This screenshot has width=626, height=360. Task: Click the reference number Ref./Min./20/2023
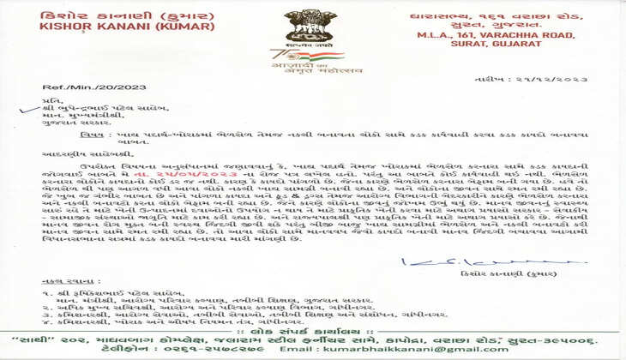[x=65, y=88]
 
